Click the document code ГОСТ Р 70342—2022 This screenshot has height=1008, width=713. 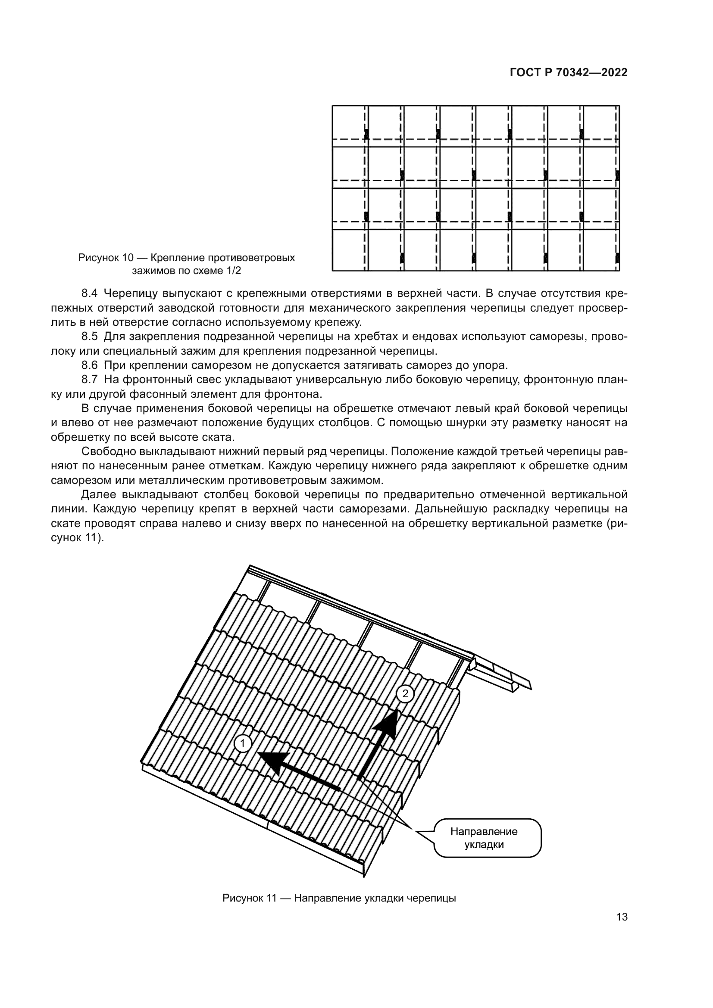pos(568,73)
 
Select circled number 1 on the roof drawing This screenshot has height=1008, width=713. pos(242,744)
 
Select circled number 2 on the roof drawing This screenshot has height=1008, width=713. pos(405,694)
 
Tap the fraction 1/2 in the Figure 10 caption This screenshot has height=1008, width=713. pos(233,271)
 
